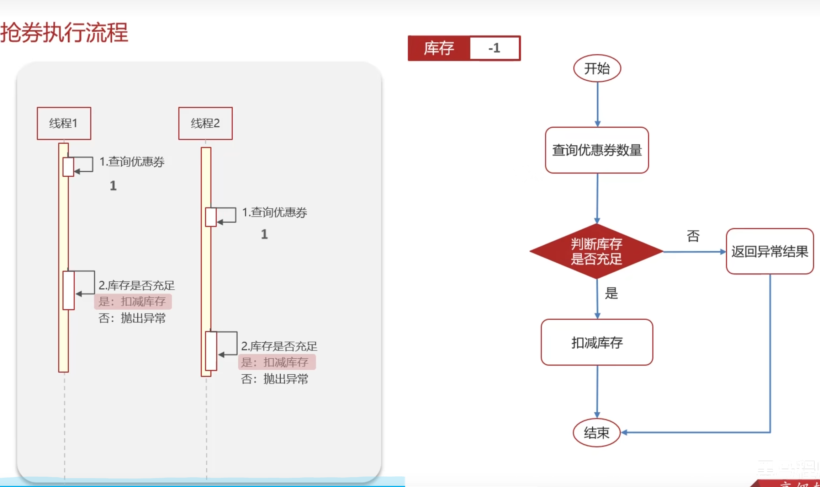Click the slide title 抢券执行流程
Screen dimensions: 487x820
[x=64, y=33]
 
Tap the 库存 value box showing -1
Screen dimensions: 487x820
[x=494, y=48]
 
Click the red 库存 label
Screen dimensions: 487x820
[x=439, y=48]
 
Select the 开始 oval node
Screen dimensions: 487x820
[x=597, y=68]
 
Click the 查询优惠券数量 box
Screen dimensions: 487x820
[x=597, y=150]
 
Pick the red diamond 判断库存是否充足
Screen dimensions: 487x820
[x=596, y=251]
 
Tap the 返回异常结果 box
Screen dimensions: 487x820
[x=770, y=251]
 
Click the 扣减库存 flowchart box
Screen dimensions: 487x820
[x=597, y=342]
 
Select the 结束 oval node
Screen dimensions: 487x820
[x=597, y=433]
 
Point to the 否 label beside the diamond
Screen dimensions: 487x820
[x=693, y=236]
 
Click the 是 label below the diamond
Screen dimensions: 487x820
[x=611, y=293]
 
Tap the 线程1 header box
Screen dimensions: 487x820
[x=64, y=123]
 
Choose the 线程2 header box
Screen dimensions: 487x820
[x=205, y=123]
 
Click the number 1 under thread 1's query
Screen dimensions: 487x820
[x=113, y=186]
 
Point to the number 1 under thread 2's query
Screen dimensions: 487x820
[x=264, y=234]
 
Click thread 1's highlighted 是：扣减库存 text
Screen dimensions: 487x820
[x=133, y=301]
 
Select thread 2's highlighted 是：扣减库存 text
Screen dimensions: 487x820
[x=276, y=362]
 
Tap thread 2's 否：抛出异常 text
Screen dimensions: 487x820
[x=274, y=379]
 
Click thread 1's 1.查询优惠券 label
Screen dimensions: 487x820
[x=132, y=162]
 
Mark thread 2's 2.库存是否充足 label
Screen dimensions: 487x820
[x=279, y=346]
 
